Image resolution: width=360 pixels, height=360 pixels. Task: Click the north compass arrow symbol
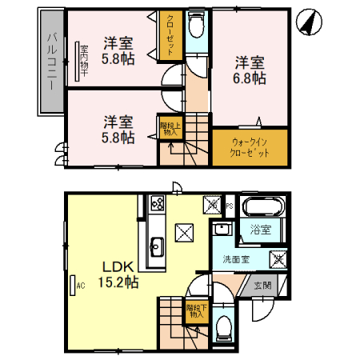coord(308,22)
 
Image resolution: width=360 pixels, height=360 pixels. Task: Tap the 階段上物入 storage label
coord(167,129)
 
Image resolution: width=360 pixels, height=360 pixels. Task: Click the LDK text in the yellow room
coord(112,266)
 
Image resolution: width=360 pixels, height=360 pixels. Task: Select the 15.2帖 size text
coord(118,282)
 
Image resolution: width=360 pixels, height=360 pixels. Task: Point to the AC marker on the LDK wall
coord(81,282)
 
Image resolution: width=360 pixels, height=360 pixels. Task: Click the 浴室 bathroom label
coord(261,230)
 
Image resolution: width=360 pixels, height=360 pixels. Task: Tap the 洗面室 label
coord(238,260)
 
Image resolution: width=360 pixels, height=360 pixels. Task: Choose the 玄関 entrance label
coord(263,286)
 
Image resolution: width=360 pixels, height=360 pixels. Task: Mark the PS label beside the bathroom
coord(230,205)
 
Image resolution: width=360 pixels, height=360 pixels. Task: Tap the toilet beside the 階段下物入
coord(224,326)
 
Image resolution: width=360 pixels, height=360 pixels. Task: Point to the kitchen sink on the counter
coord(156,246)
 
